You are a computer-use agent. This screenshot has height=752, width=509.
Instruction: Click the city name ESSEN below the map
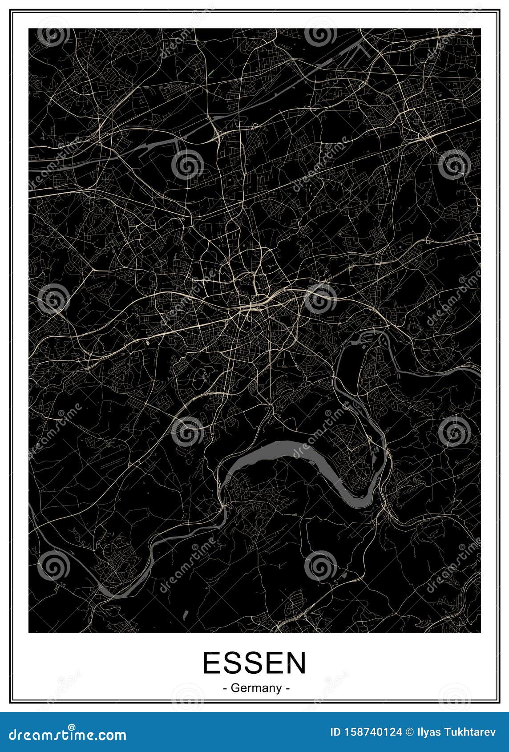pos(254,663)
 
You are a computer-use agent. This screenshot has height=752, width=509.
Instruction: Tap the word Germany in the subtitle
pos(257,688)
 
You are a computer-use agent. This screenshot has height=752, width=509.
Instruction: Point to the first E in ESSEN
pos(212,663)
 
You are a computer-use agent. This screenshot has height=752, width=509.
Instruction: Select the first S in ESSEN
pos(233,663)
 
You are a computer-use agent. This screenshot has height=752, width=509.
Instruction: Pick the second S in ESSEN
pos(254,663)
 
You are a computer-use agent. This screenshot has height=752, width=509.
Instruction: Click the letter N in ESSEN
pos(296,663)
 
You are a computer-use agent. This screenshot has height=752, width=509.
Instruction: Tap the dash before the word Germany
pos(225,688)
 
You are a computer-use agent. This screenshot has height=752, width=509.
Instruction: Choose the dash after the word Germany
pos(288,688)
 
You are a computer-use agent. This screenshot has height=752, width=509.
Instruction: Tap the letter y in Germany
pos(279,689)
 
